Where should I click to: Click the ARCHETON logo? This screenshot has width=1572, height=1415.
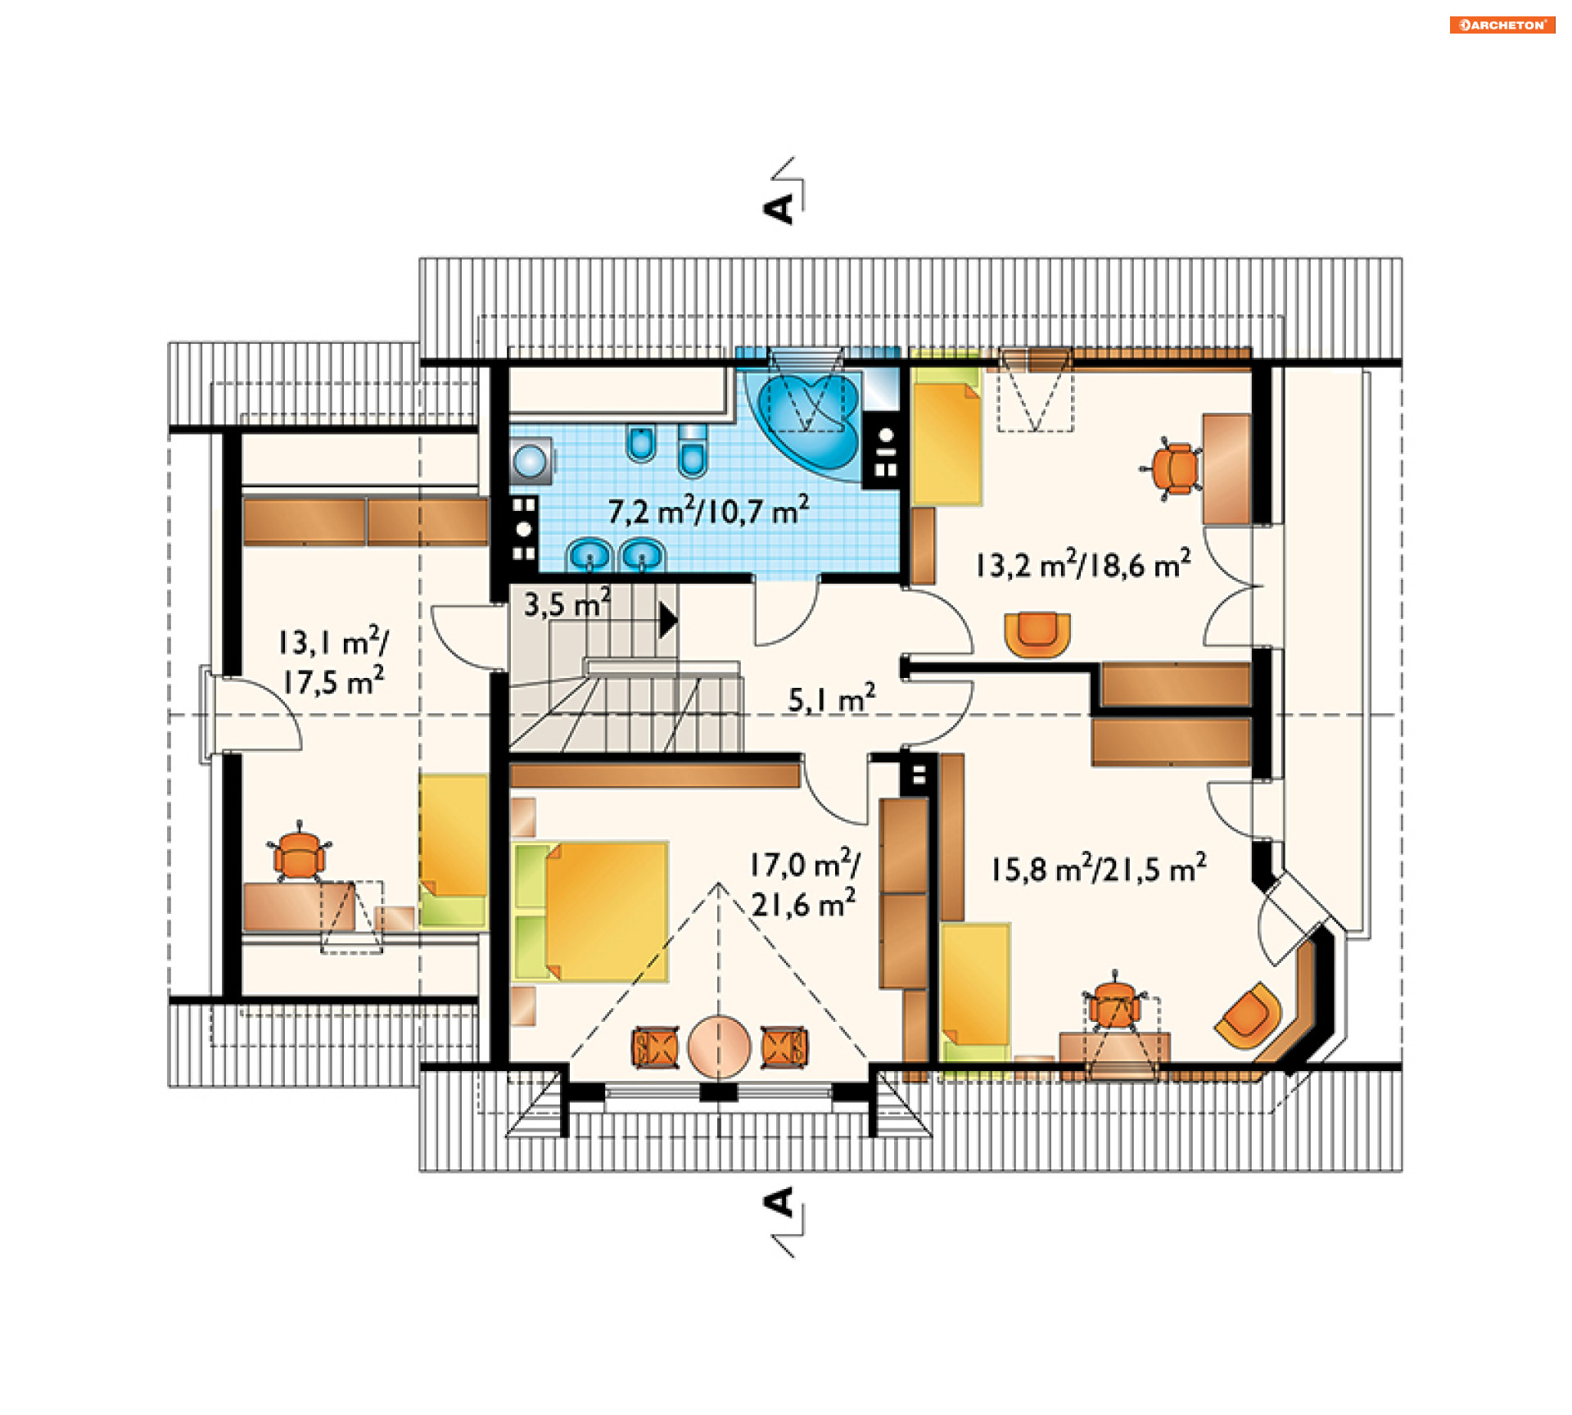click(x=1502, y=25)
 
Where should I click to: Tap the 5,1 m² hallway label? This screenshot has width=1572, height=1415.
click(x=832, y=698)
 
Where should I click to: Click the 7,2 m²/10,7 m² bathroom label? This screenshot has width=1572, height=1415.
click(x=708, y=510)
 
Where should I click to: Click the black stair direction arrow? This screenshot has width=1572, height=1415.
click(x=668, y=620)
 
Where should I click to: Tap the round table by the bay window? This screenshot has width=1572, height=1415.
click(x=719, y=1047)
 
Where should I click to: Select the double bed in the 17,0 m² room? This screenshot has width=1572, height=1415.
click(x=590, y=911)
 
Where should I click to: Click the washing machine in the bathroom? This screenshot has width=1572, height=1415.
click(x=531, y=460)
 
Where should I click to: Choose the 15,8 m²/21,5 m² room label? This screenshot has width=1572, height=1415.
click(x=1098, y=868)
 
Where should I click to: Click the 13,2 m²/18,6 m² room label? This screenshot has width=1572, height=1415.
click(x=1082, y=565)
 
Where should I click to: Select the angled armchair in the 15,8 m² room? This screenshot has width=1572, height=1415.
click(x=1248, y=1016)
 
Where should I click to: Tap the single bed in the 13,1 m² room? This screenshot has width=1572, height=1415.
click(x=454, y=851)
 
